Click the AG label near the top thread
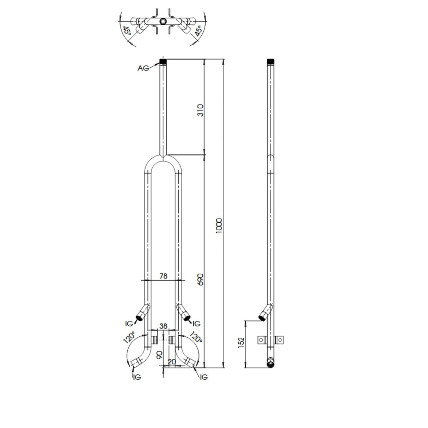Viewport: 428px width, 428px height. click(143, 68)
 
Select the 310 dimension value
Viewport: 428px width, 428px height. click(200, 110)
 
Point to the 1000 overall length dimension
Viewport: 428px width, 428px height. click(219, 226)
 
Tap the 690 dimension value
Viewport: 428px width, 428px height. click(200, 280)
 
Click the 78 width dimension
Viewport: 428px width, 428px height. click(163, 276)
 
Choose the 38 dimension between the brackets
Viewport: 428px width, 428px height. click(163, 326)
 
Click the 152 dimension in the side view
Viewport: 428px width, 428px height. click(241, 342)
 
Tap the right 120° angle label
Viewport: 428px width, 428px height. click(196, 337)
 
